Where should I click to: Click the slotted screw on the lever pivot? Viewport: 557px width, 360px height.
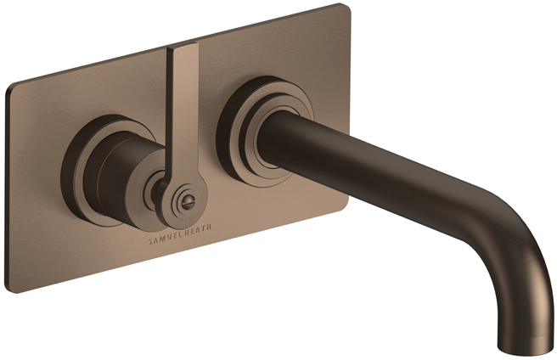pos(186,203)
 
